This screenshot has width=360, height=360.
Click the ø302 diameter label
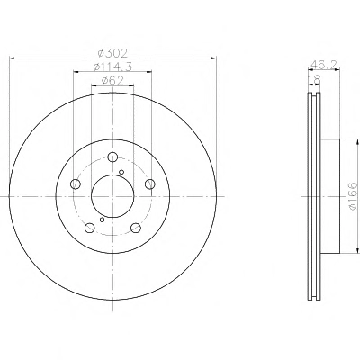tap(112, 53)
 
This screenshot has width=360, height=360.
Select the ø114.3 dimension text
tap(112, 67)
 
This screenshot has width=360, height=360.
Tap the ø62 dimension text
tap(112, 81)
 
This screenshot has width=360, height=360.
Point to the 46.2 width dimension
tap(324, 65)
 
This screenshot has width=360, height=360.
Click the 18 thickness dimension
tap(315, 79)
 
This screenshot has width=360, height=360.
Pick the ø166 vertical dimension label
tap(353, 196)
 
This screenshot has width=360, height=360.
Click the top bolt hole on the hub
tap(112, 157)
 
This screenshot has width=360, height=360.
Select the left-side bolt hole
tap(75, 184)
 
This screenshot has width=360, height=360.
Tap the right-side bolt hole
tap(150, 184)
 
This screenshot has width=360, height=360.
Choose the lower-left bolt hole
tap(89, 228)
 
